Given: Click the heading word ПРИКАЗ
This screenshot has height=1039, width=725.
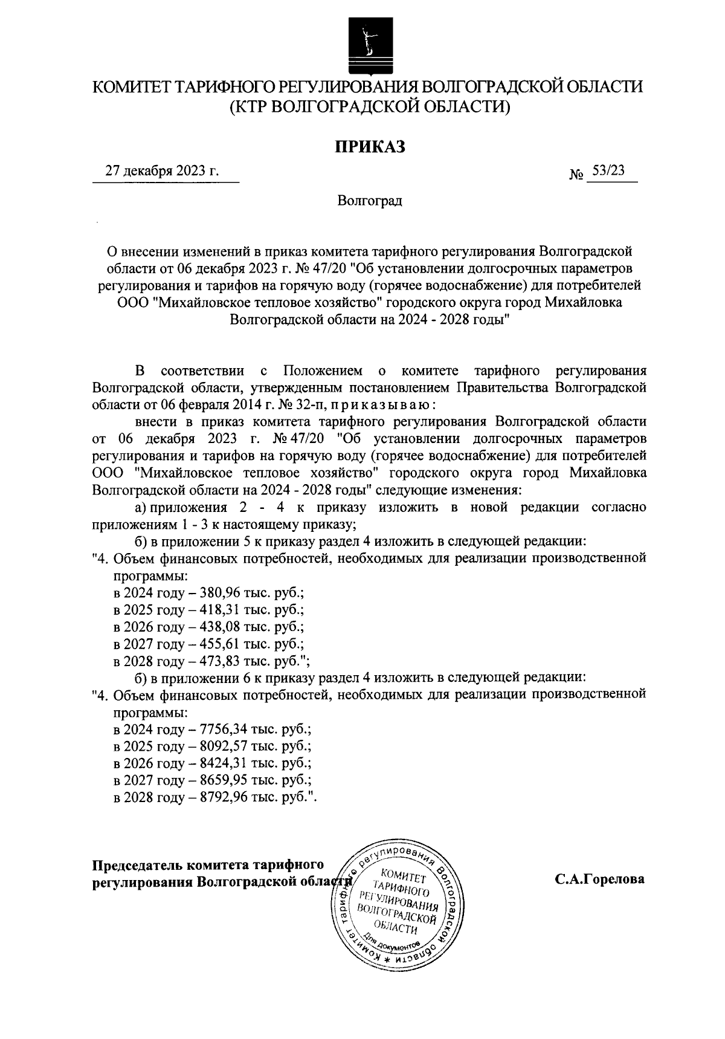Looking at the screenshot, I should (369, 146).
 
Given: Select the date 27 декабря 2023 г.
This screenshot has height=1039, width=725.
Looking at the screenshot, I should (162, 172).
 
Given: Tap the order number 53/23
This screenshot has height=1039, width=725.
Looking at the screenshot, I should (608, 171).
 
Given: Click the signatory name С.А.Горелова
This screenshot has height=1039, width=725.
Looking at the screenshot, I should (600, 879).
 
